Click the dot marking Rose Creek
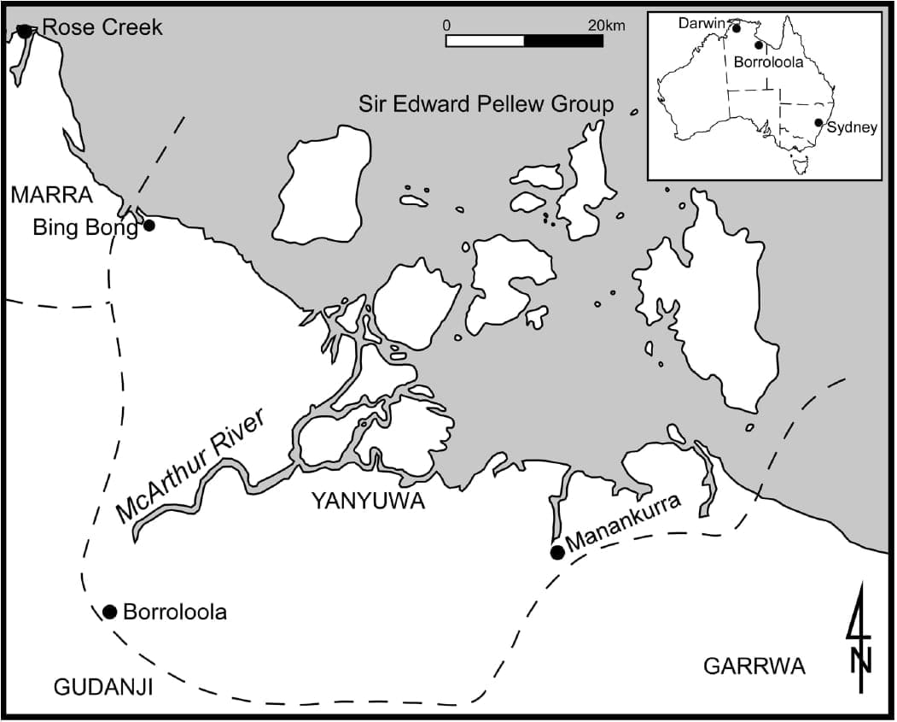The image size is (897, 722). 23,31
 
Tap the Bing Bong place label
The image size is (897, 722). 84,227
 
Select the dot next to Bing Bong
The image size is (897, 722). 149,226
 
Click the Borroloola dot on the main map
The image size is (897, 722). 109,612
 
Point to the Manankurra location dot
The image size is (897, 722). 557,552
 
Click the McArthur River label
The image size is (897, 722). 190,466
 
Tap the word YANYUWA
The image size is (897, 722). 368,502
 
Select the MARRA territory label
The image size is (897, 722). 51,195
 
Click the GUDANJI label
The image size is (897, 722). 102,686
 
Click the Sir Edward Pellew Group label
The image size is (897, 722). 486,104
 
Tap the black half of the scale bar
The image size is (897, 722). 563,40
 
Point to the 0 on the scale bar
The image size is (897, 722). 446,26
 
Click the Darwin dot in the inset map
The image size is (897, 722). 736,28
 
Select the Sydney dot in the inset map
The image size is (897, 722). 818,123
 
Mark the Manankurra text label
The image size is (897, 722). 623,523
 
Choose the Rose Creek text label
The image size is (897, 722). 102,28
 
